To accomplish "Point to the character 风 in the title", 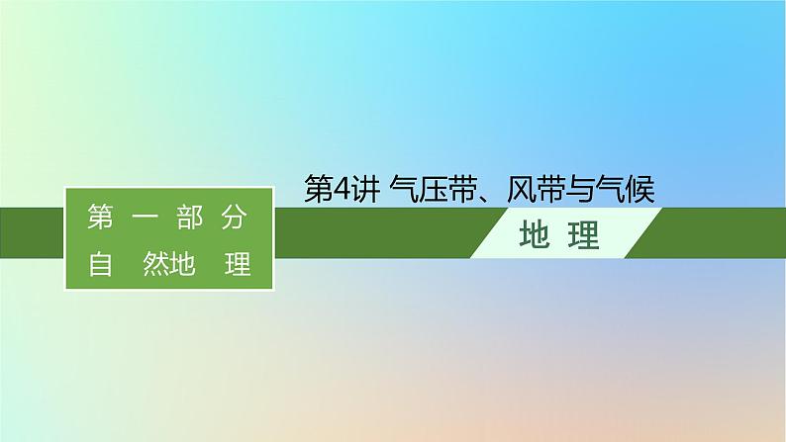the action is [521, 190].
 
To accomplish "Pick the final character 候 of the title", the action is [640, 190].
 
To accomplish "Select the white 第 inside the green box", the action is [100, 218].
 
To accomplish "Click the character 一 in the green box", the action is [146, 218].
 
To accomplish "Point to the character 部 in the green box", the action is [190, 218].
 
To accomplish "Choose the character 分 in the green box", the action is [234, 218].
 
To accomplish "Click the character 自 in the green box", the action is [100, 264].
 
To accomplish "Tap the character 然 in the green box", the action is [155, 264].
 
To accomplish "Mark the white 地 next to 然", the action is [182, 264].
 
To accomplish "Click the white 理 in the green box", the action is [238, 264].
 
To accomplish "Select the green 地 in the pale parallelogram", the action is [535, 234].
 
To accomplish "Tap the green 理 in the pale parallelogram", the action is [584, 234].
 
